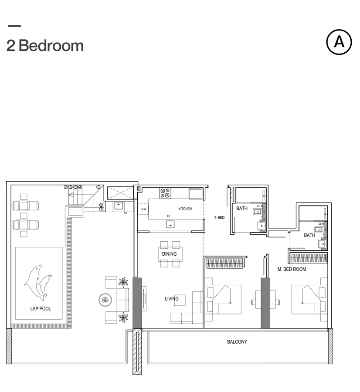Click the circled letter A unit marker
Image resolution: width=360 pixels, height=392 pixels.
point(339,42)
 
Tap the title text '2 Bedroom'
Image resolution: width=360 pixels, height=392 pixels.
point(45,45)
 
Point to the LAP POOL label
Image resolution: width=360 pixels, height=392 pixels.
point(41,308)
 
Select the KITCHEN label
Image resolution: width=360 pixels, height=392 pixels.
point(185,209)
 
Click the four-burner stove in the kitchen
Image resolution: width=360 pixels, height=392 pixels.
point(165,193)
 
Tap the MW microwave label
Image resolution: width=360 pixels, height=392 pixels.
point(143,210)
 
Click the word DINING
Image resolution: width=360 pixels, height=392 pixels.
point(169,254)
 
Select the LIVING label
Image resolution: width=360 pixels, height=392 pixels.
point(171,299)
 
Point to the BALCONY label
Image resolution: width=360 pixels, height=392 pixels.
point(237,342)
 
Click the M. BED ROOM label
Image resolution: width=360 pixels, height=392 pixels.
point(292,269)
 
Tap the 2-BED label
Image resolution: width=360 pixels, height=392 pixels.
point(219,217)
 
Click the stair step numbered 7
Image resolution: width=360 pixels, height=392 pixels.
point(65,187)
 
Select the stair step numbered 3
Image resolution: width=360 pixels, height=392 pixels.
point(98,187)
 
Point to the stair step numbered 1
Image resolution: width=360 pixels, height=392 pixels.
point(101,210)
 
